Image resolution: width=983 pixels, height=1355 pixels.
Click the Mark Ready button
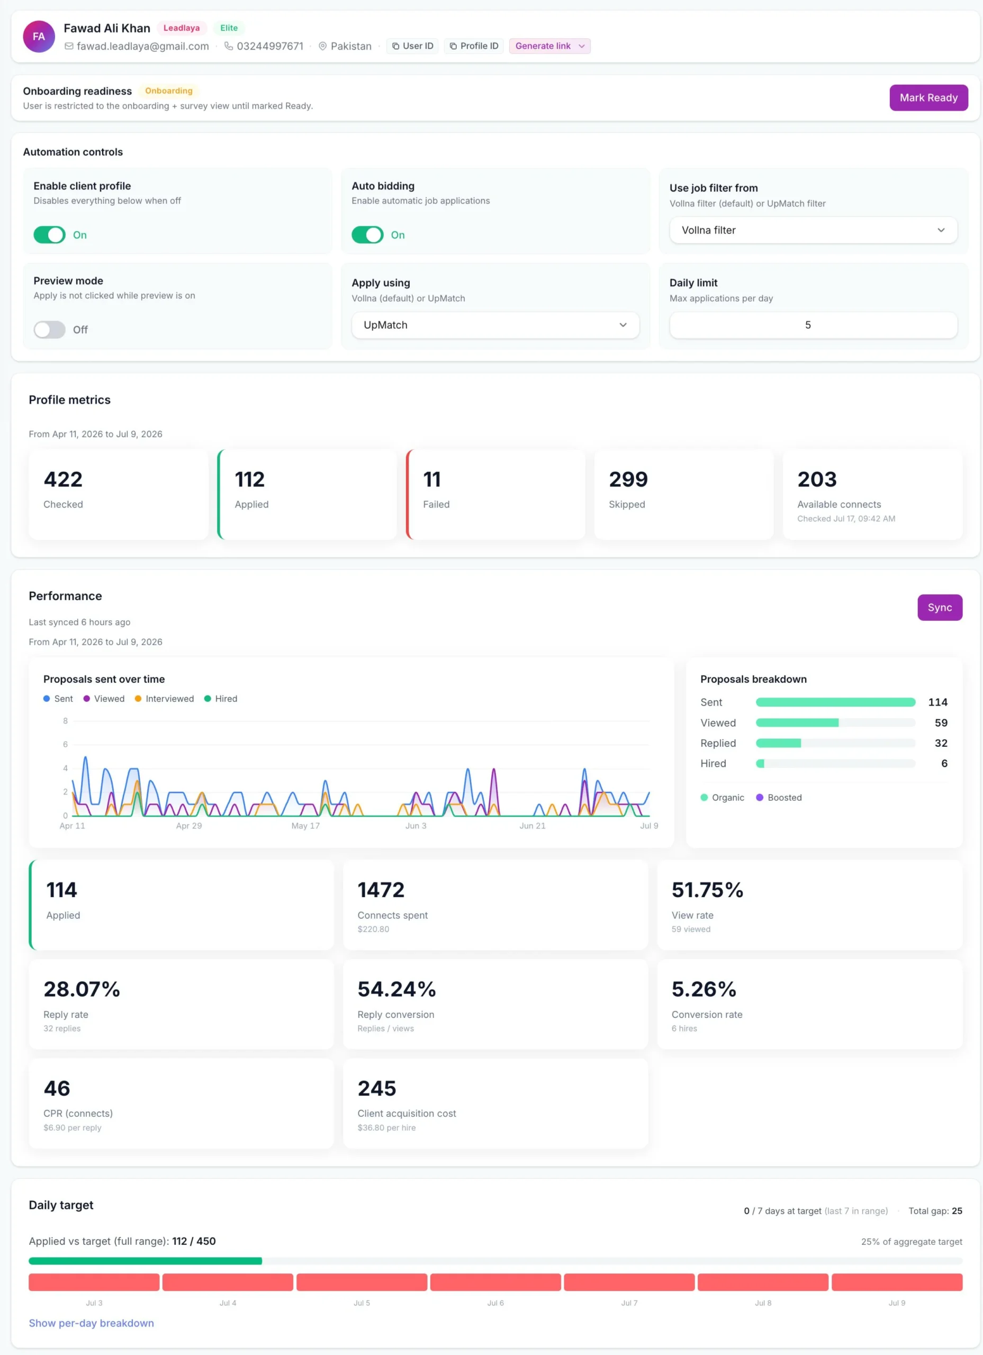coord(928,97)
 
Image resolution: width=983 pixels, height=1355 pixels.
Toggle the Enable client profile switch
coord(50,235)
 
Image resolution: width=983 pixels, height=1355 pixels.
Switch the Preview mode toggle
coord(50,329)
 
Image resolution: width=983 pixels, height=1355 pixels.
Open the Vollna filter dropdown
coord(813,230)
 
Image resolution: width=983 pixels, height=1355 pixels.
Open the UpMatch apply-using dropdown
coord(495,325)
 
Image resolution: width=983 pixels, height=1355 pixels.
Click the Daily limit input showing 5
coord(813,325)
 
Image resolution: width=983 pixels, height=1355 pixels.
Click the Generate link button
coord(549,46)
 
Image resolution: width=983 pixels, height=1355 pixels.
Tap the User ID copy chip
coord(412,46)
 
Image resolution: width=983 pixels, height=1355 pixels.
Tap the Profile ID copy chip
coord(473,46)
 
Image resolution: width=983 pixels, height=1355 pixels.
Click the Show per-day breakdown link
coord(92,1323)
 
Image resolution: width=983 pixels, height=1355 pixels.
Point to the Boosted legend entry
coord(779,798)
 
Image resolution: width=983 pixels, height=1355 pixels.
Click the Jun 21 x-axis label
coord(532,826)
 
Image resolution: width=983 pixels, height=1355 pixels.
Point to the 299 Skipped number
coord(628,479)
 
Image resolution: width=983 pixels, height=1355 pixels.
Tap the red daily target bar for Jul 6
coord(495,1282)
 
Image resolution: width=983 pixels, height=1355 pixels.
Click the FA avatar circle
coord(39,37)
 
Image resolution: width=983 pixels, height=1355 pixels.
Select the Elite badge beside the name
coord(229,28)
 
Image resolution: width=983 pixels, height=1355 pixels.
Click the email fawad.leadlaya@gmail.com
coord(143,46)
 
